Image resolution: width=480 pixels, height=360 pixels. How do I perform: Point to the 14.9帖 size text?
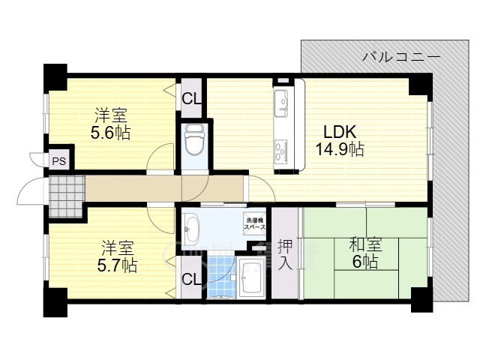pyautogui.click(x=339, y=149)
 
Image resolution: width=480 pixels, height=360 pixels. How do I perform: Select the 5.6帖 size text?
pyautogui.click(x=111, y=133)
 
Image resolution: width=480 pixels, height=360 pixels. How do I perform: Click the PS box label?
pyautogui.click(x=58, y=160)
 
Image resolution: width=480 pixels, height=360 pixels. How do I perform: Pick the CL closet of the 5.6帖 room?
pyautogui.click(x=191, y=97)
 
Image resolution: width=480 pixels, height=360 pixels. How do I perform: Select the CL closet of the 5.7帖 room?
pyautogui.click(x=191, y=280)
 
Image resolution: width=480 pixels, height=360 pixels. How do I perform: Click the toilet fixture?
pyautogui.click(x=193, y=139)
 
